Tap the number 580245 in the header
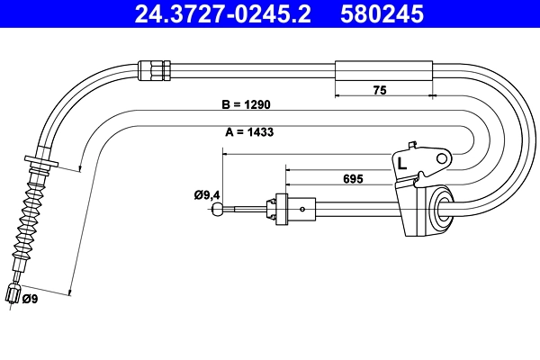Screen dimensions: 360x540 382,14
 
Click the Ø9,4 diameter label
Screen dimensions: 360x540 207,193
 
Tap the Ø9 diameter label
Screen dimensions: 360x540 29,299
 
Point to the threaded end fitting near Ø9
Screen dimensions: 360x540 13,294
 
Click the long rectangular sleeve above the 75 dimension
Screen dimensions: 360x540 383,70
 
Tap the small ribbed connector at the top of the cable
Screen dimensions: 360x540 155,67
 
